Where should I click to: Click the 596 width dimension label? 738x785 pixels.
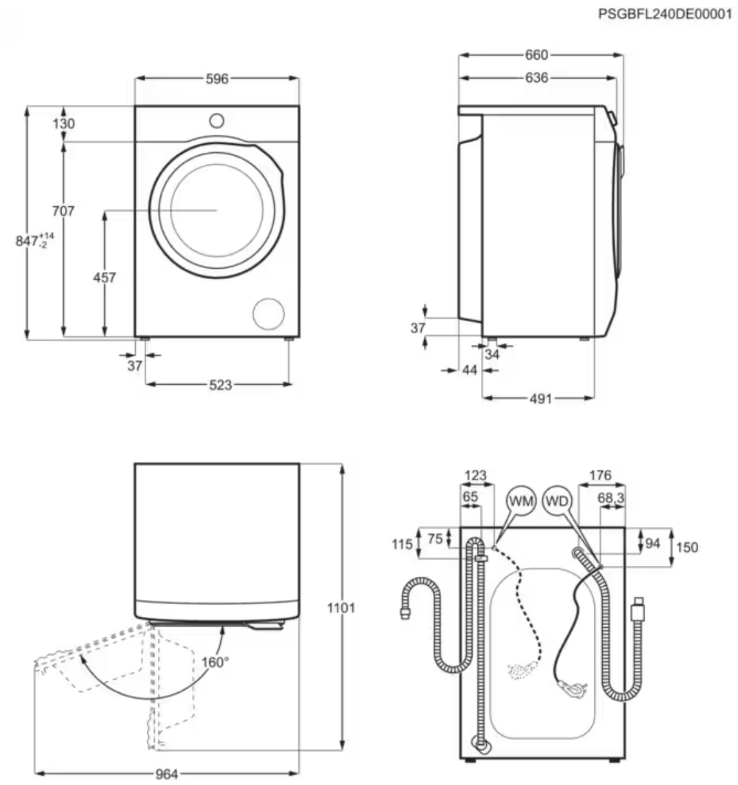point(217,79)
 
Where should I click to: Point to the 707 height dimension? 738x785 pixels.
point(64,211)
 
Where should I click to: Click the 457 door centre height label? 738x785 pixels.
point(104,278)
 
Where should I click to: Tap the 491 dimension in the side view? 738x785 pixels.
point(540,398)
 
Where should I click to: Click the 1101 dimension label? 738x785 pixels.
point(341,608)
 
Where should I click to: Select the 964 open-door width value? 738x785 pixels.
point(166,774)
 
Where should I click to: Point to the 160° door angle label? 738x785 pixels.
point(214,662)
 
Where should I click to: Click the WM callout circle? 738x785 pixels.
point(521,501)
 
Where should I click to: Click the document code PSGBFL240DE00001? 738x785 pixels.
point(665,14)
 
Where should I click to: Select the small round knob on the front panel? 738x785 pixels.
point(217,121)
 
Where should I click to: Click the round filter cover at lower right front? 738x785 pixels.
point(269,314)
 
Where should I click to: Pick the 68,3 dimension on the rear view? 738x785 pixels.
point(611,498)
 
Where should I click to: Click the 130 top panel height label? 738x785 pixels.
point(64,123)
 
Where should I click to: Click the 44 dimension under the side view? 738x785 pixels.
point(470,370)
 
